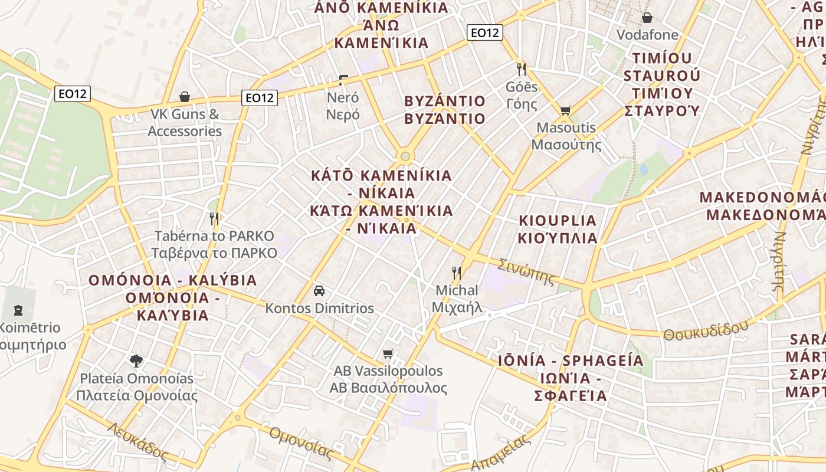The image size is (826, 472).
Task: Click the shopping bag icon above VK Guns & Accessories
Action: [x=185, y=96]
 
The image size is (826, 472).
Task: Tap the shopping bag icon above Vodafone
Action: [x=647, y=17]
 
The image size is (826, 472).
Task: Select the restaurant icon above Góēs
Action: [x=521, y=69]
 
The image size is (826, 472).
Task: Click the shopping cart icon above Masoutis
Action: [x=565, y=110]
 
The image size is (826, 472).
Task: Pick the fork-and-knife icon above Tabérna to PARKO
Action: [x=214, y=219]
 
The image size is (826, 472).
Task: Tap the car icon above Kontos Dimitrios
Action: [x=319, y=291]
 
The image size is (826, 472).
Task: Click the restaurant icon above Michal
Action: [x=456, y=273]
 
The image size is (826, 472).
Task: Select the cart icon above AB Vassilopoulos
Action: [x=388, y=353]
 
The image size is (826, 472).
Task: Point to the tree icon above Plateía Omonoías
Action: [x=136, y=360]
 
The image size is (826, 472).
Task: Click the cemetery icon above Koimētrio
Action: [x=18, y=309]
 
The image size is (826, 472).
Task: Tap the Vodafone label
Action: [x=647, y=35]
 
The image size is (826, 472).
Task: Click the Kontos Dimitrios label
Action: [x=319, y=309]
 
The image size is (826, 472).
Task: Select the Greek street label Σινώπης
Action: [x=527, y=271]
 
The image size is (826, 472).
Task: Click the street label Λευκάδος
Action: [x=138, y=441]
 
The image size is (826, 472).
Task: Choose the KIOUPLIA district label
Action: [x=558, y=221]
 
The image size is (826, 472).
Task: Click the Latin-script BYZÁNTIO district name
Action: [x=445, y=101]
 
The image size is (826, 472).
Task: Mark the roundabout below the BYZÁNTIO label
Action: [x=404, y=156]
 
